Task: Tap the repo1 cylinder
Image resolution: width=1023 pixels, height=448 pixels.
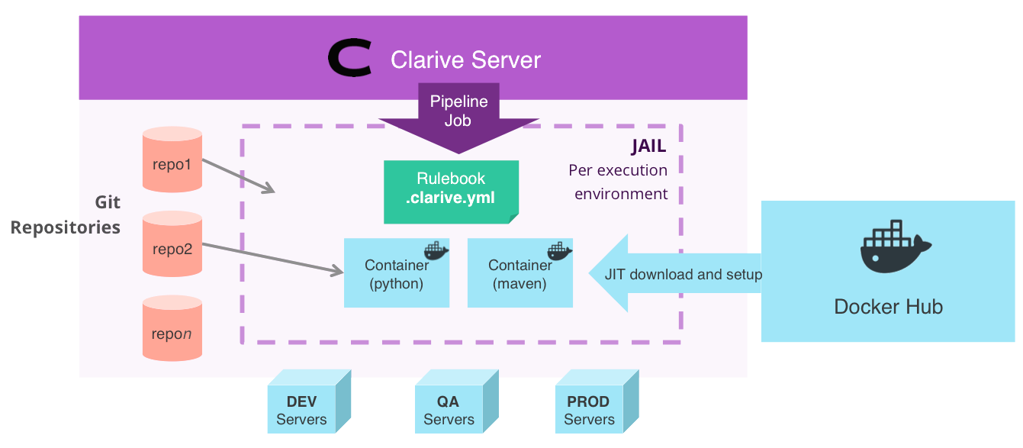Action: pyautogui.click(x=172, y=160)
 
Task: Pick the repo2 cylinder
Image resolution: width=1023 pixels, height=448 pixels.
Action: pyautogui.click(x=172, y=244)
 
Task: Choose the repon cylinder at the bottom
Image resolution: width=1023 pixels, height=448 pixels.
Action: pyautogui.click(x=172, y=328)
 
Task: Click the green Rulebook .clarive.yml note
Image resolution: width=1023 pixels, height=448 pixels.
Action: pyautogui.click(x=451, y=192)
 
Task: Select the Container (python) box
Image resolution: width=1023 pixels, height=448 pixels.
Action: pyautogui.click(x=397, y=272)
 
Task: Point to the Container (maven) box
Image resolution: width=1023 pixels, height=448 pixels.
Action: pyautogui.click(x=520, y=272)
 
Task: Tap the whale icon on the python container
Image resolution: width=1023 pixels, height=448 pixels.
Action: pyautogui.click(x=436, y=251)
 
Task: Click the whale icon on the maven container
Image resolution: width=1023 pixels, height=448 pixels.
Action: pyautogui.click(x=559, y=251)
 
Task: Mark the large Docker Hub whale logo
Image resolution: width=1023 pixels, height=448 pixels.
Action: pyautogui.click(x=894, y=247)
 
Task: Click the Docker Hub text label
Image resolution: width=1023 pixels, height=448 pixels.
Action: pyautogui.click(x=888, y=307)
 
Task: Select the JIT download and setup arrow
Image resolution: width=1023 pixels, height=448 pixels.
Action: pyautogui.click(x=675, y=273)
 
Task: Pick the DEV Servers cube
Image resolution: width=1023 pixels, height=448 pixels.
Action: pyautogui.click(x=309, y=401)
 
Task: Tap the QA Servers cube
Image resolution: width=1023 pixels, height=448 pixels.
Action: pyautogui.click(x=457, y=401)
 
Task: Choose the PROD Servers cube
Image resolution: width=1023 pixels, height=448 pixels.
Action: pyautogui.click(x=597, y=401)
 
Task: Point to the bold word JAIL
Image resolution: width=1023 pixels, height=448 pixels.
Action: pyautogui.click(x=648, y=146)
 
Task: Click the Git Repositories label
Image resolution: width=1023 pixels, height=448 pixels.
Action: pyautogui.click(x=66, y=214)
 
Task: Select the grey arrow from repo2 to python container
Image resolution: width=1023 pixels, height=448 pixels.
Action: pyautogui.click(x=272, y=259)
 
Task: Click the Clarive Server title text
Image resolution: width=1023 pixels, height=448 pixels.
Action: pyautogui.click(x=465, y=60)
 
